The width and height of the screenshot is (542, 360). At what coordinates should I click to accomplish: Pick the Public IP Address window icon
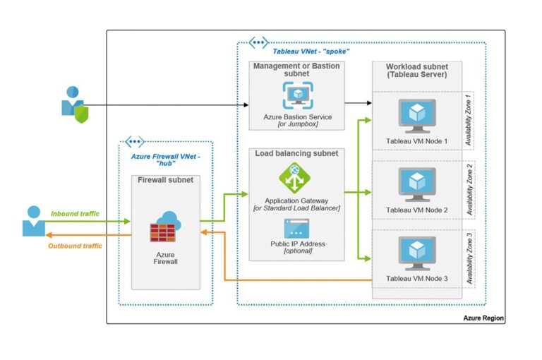[x=296, y=229]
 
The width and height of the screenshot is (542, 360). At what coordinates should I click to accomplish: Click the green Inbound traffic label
[x=76, y=212]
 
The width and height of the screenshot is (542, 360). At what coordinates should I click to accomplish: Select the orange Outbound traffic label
[x=75, y=246]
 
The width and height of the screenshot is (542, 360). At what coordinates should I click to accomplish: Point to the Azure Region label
[x=483, y=318]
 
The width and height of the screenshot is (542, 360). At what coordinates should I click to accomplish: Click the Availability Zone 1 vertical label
[x=469, y=120]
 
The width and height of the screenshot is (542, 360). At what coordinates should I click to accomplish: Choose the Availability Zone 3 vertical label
[x=469, y=258]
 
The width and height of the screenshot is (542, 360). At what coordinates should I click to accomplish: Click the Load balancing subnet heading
[x=296, y=153]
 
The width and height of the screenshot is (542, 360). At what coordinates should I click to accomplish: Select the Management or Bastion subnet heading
[x=297, y=70]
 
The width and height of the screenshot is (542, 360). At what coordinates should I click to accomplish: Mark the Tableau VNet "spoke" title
[x=311, y=51]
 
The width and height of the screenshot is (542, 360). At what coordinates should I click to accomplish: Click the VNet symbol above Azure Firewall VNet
[x=135, y=143]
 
